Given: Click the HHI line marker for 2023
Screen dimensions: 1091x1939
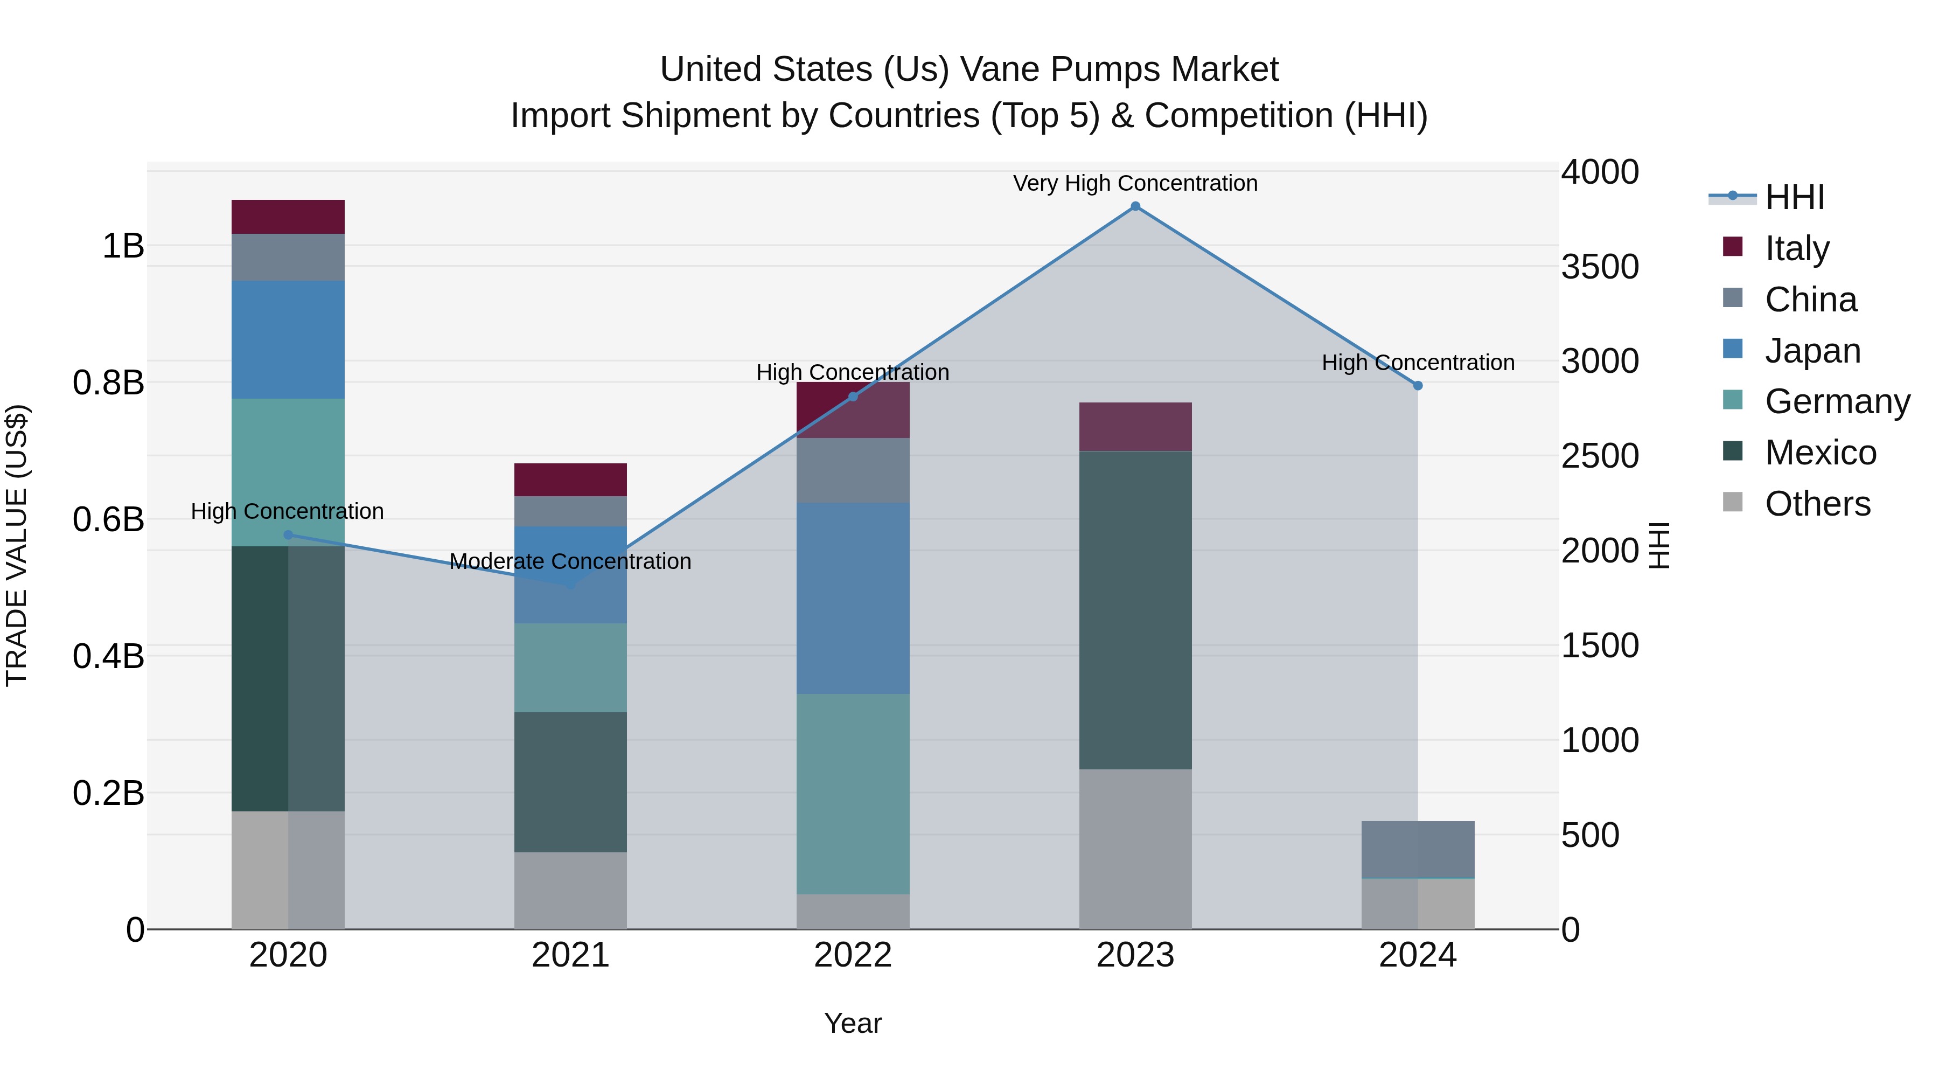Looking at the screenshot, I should [1135, 206].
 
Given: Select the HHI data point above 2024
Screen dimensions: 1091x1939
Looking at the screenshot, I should [1418, 386].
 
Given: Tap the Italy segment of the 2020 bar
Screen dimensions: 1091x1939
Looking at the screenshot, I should [288, 217].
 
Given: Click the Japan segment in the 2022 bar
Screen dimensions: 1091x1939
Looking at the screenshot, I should [853, 598].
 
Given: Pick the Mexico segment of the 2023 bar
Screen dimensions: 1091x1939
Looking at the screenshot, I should [1135, 610].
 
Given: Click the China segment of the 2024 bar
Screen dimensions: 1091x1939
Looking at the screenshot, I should [1418, 849].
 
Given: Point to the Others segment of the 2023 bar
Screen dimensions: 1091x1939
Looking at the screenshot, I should [1135, 849].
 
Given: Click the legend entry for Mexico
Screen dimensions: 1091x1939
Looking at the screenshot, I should [1820, 453].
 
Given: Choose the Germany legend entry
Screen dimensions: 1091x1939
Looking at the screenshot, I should [1837, 401].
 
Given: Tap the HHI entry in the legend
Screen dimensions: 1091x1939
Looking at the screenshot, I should [1795, 197].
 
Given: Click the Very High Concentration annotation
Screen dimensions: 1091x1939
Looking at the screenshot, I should [1135, 183].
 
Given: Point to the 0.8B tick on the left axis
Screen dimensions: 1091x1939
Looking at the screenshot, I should [108, 383].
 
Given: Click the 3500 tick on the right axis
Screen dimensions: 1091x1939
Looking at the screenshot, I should [1600, 267].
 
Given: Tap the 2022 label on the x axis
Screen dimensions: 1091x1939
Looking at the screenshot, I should [853, 955].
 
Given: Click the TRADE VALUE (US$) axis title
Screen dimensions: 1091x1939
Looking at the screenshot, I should [17, 545].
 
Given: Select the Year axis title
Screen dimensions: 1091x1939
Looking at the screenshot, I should [853, 1023].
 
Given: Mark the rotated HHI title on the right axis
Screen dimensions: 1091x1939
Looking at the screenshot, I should [1659, 545].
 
